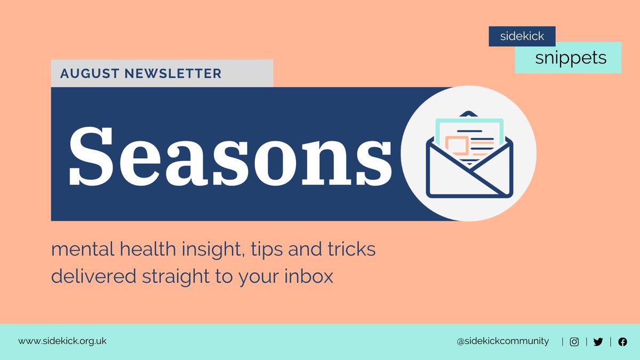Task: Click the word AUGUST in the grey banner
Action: pos(90,74)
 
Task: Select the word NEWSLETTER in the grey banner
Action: pos(173,74)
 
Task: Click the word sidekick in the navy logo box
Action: pos(522,37)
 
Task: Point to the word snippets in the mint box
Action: pos(571,58)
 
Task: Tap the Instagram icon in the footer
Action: pos(574,342)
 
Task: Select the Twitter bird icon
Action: pos(598,342)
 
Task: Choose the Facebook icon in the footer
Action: pos(622,342)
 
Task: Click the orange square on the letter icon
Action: pos(457,145)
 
